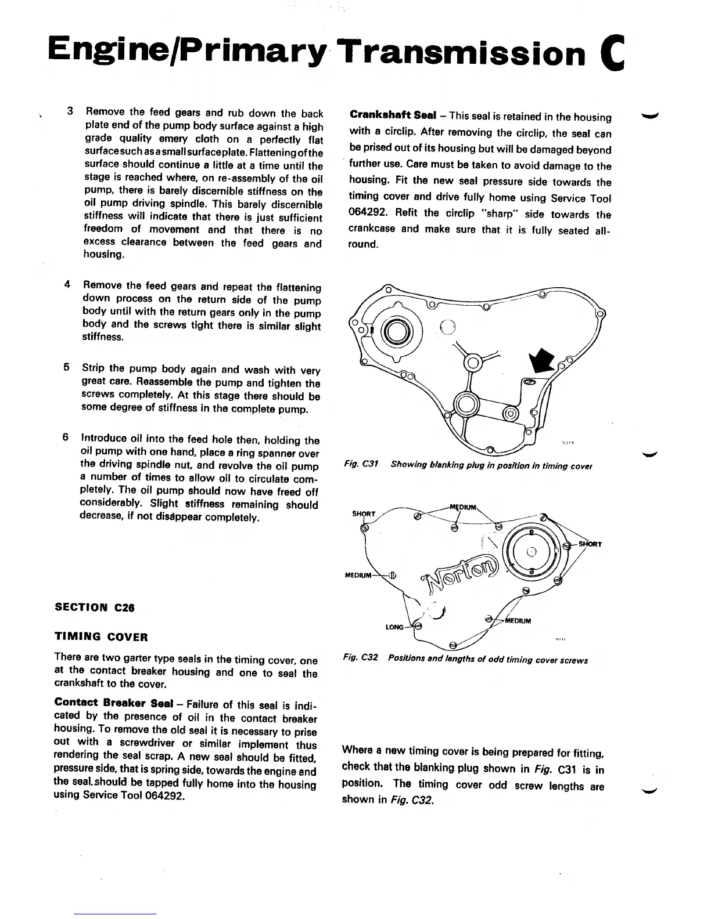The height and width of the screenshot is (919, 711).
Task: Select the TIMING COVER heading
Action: point(101,636)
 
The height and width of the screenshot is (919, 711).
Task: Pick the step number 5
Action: point(67,368)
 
